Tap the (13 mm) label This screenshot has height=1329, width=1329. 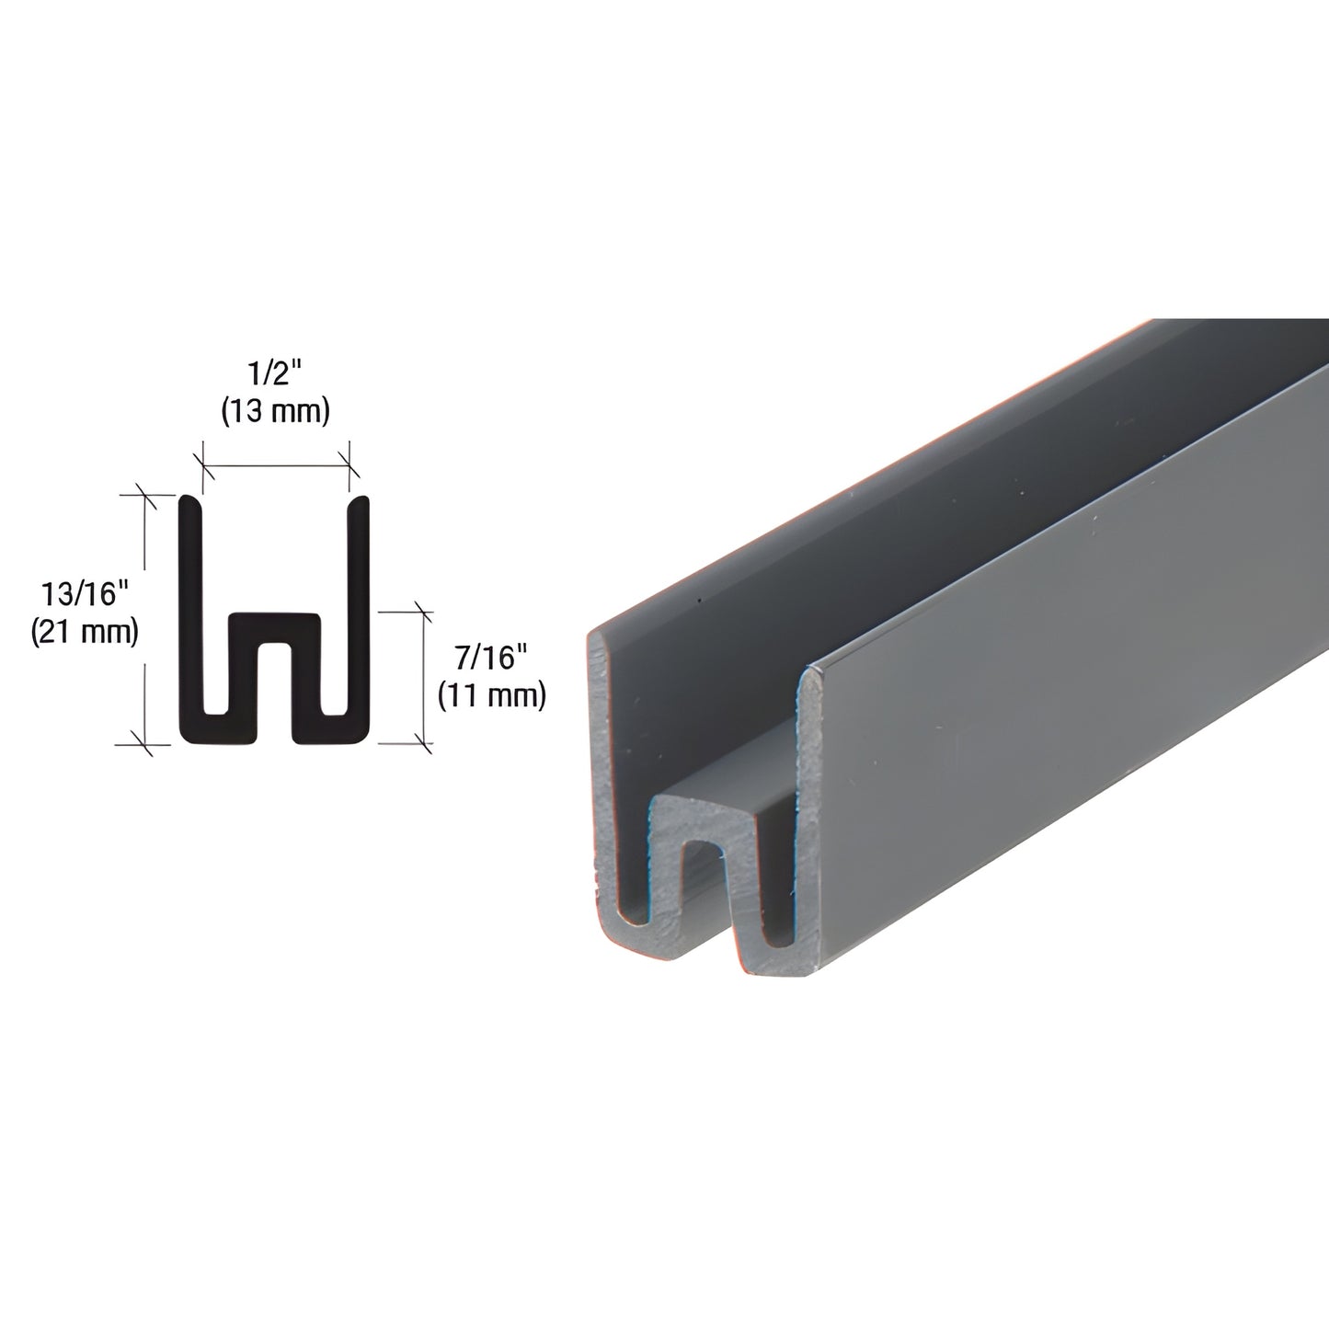click(x=275, y=412)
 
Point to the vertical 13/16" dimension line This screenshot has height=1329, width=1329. click(x=144, y=616)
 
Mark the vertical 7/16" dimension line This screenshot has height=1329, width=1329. click(x=424, y=676)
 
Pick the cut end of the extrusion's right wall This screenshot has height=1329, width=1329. click(x=809, y=791)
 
